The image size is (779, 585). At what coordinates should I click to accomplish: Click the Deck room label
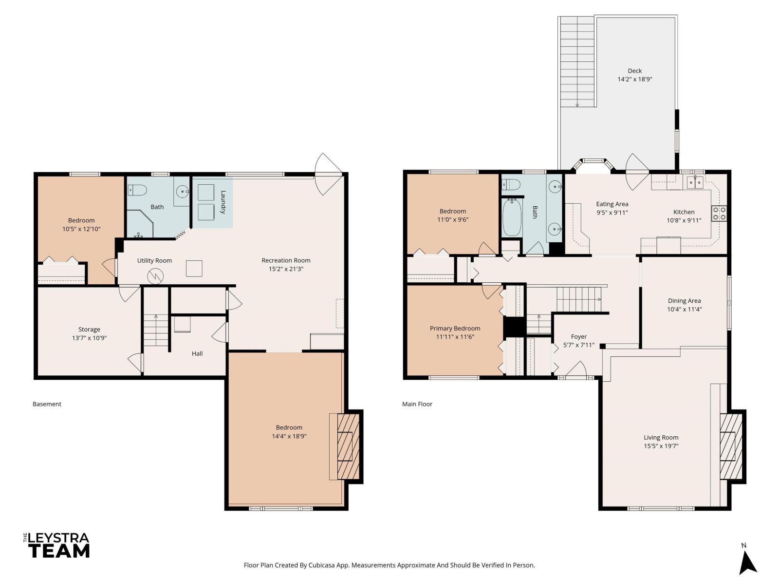[x=634, y=71]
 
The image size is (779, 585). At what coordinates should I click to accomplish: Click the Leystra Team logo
[x=57, y=545]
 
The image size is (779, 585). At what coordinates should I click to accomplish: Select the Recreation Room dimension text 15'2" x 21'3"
[x=286, y=269]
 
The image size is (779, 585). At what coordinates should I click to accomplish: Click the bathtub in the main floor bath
[x=512, y=217]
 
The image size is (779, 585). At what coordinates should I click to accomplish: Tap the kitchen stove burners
[x=719, y=213]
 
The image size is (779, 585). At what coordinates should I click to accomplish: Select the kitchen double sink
[x=695, y=182]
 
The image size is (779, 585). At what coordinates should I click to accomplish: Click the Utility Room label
[x=154, y=260]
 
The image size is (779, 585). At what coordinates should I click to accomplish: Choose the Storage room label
[x=89, y=329]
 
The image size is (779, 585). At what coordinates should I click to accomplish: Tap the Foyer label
[x=578, y=336]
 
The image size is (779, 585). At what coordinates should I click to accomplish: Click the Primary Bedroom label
[x=455, y=328]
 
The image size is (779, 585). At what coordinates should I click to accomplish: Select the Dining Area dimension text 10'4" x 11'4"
[x=684, y=309]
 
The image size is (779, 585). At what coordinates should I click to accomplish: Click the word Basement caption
[x=47, y=404]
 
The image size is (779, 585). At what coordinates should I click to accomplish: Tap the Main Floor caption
[x=417, y=404]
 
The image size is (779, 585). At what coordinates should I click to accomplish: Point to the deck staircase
[x=577, y=61]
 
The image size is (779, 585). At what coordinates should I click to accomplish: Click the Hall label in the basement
[x=197, y=353]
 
